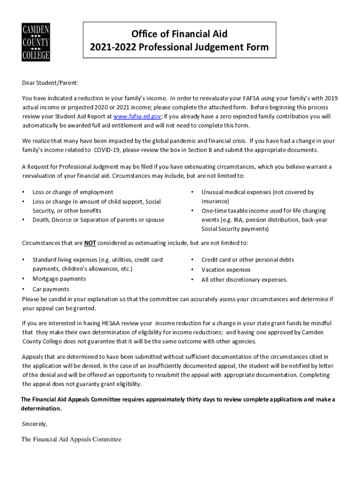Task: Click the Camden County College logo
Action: coord(36,42)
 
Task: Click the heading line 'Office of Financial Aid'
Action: coord(179,34)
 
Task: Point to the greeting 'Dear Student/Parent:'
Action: coord(50,83)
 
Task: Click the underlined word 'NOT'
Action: coord(90,243)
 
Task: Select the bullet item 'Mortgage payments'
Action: coord(59,279)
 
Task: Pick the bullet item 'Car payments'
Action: coord(50,290)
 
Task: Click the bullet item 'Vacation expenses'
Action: coord(226,270)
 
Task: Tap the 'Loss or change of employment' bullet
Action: coord(72,192)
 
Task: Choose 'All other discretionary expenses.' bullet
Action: coord(245,280)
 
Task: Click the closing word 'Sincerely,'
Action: coord(35,424)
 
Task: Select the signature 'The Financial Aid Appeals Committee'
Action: coord(71,439)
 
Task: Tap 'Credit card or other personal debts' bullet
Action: coord(248,260)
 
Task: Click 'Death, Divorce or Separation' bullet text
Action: coord(98,220)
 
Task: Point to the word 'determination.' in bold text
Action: coord(42,409)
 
